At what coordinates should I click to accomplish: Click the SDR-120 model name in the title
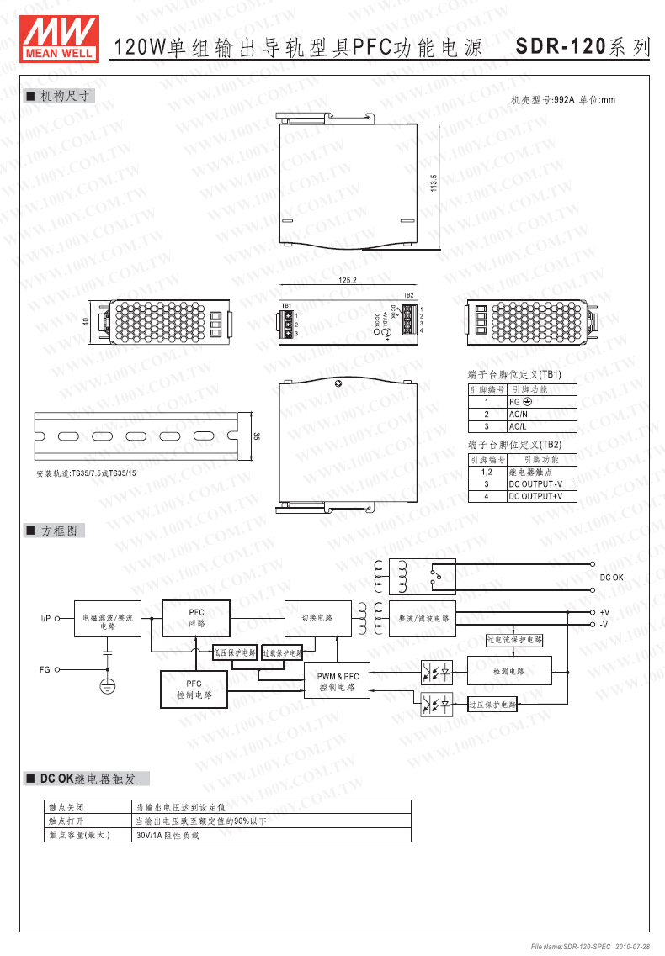pyautogui.click(x=561, y=47)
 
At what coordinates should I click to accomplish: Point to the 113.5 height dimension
pyautogui.click(x=434, y=184)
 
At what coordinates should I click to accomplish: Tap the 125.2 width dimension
pyautogui.click(x=347, y=280)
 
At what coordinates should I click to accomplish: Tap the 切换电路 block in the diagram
pyautogui.click(x=317, y=618)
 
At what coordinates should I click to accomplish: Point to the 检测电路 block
pyautogui.click(x=508, y=671)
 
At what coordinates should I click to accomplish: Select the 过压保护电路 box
pyautogui.click(x=492, y=705)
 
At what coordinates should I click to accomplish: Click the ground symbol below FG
pyautogui.click(x=108, y=686)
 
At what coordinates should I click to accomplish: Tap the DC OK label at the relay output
pyautogui.click(x=612, y=578)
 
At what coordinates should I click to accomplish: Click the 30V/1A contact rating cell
pyautogui.click(x=168, y=836)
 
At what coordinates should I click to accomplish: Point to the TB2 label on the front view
pyautogui.click(x=408, y=296)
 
